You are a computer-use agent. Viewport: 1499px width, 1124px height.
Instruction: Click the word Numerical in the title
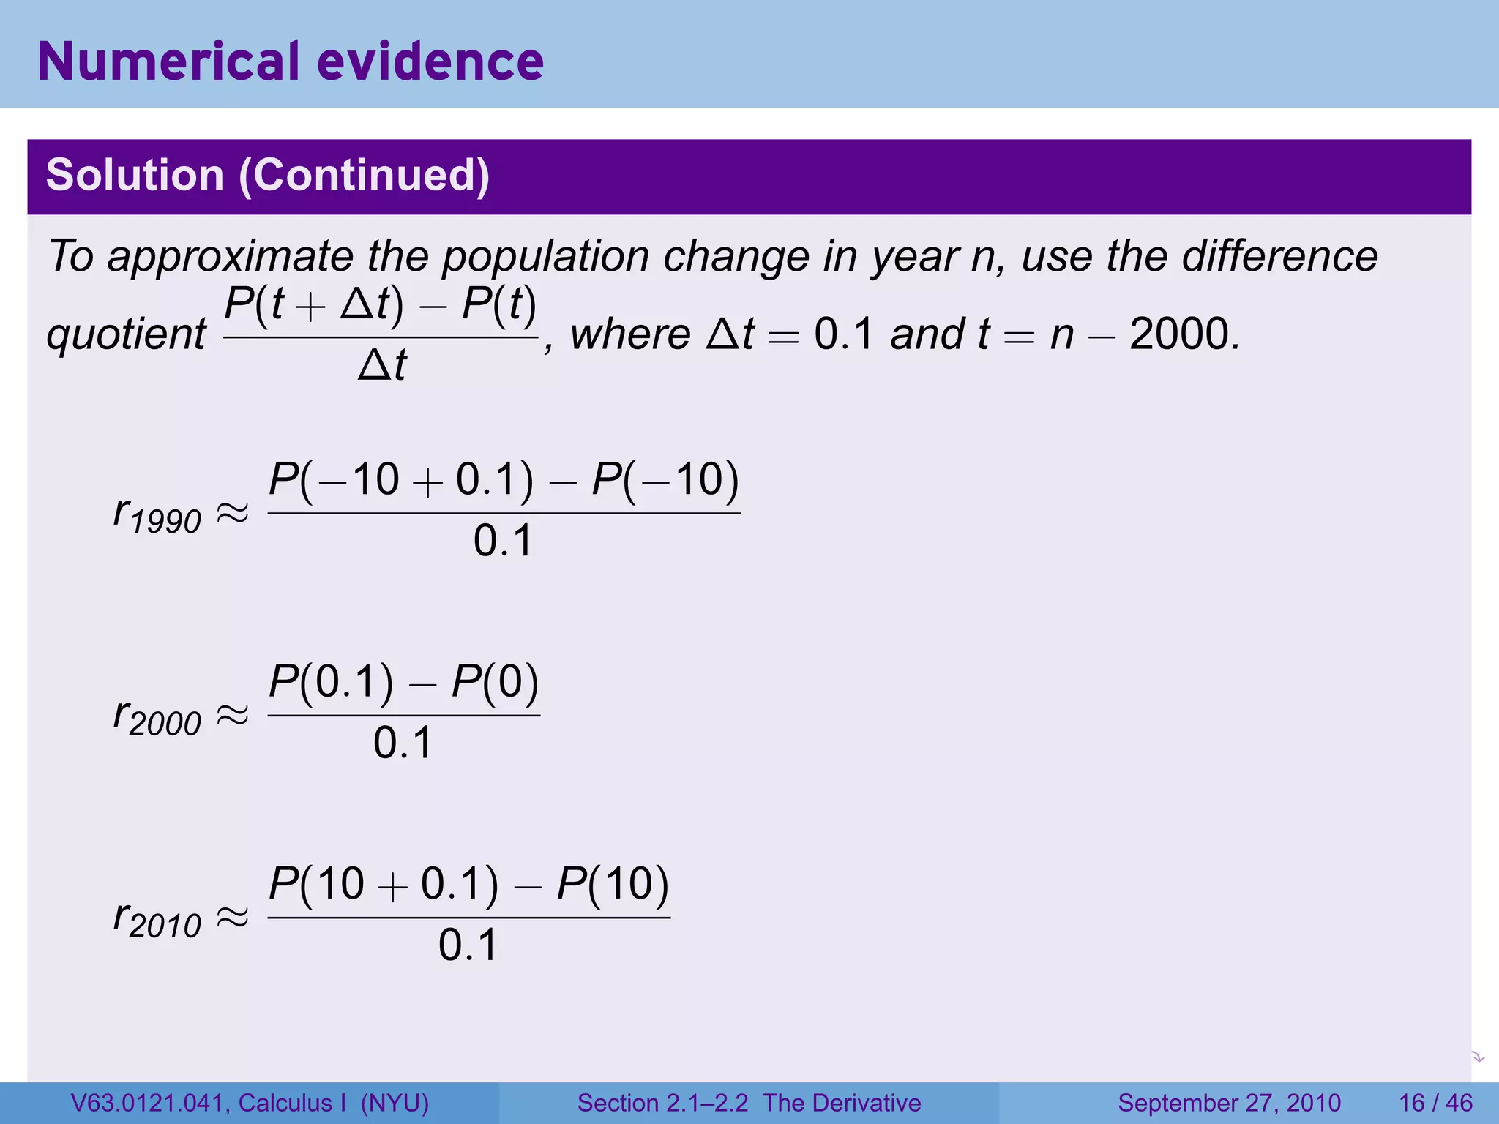(x=168, y=61)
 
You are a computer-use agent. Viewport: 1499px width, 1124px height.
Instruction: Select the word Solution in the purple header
(x=135, y=176)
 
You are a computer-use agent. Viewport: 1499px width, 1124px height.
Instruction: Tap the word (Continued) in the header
(x=364, y=176)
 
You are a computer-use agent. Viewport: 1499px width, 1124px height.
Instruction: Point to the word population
(x=545, y=258)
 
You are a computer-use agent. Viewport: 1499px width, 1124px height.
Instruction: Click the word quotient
(x=126, y=335)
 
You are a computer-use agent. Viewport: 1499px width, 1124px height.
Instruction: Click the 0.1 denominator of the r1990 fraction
(x=503, y=542)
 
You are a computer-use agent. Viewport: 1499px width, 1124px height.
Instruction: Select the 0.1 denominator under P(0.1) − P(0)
(x=403, y=743)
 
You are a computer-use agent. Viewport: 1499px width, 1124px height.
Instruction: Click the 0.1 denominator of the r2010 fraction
(x=468, y=945)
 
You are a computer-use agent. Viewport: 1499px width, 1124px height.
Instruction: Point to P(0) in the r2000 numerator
(x=495, y=682)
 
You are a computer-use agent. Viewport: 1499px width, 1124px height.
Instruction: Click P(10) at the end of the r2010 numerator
(x=613, y=884)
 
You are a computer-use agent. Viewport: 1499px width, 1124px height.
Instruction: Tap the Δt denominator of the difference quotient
(x=381, y=365)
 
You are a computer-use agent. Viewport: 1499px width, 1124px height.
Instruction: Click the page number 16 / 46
(x=1435, y=1103)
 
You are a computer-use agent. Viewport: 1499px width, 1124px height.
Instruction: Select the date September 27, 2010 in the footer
(x=1229, y=1103)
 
